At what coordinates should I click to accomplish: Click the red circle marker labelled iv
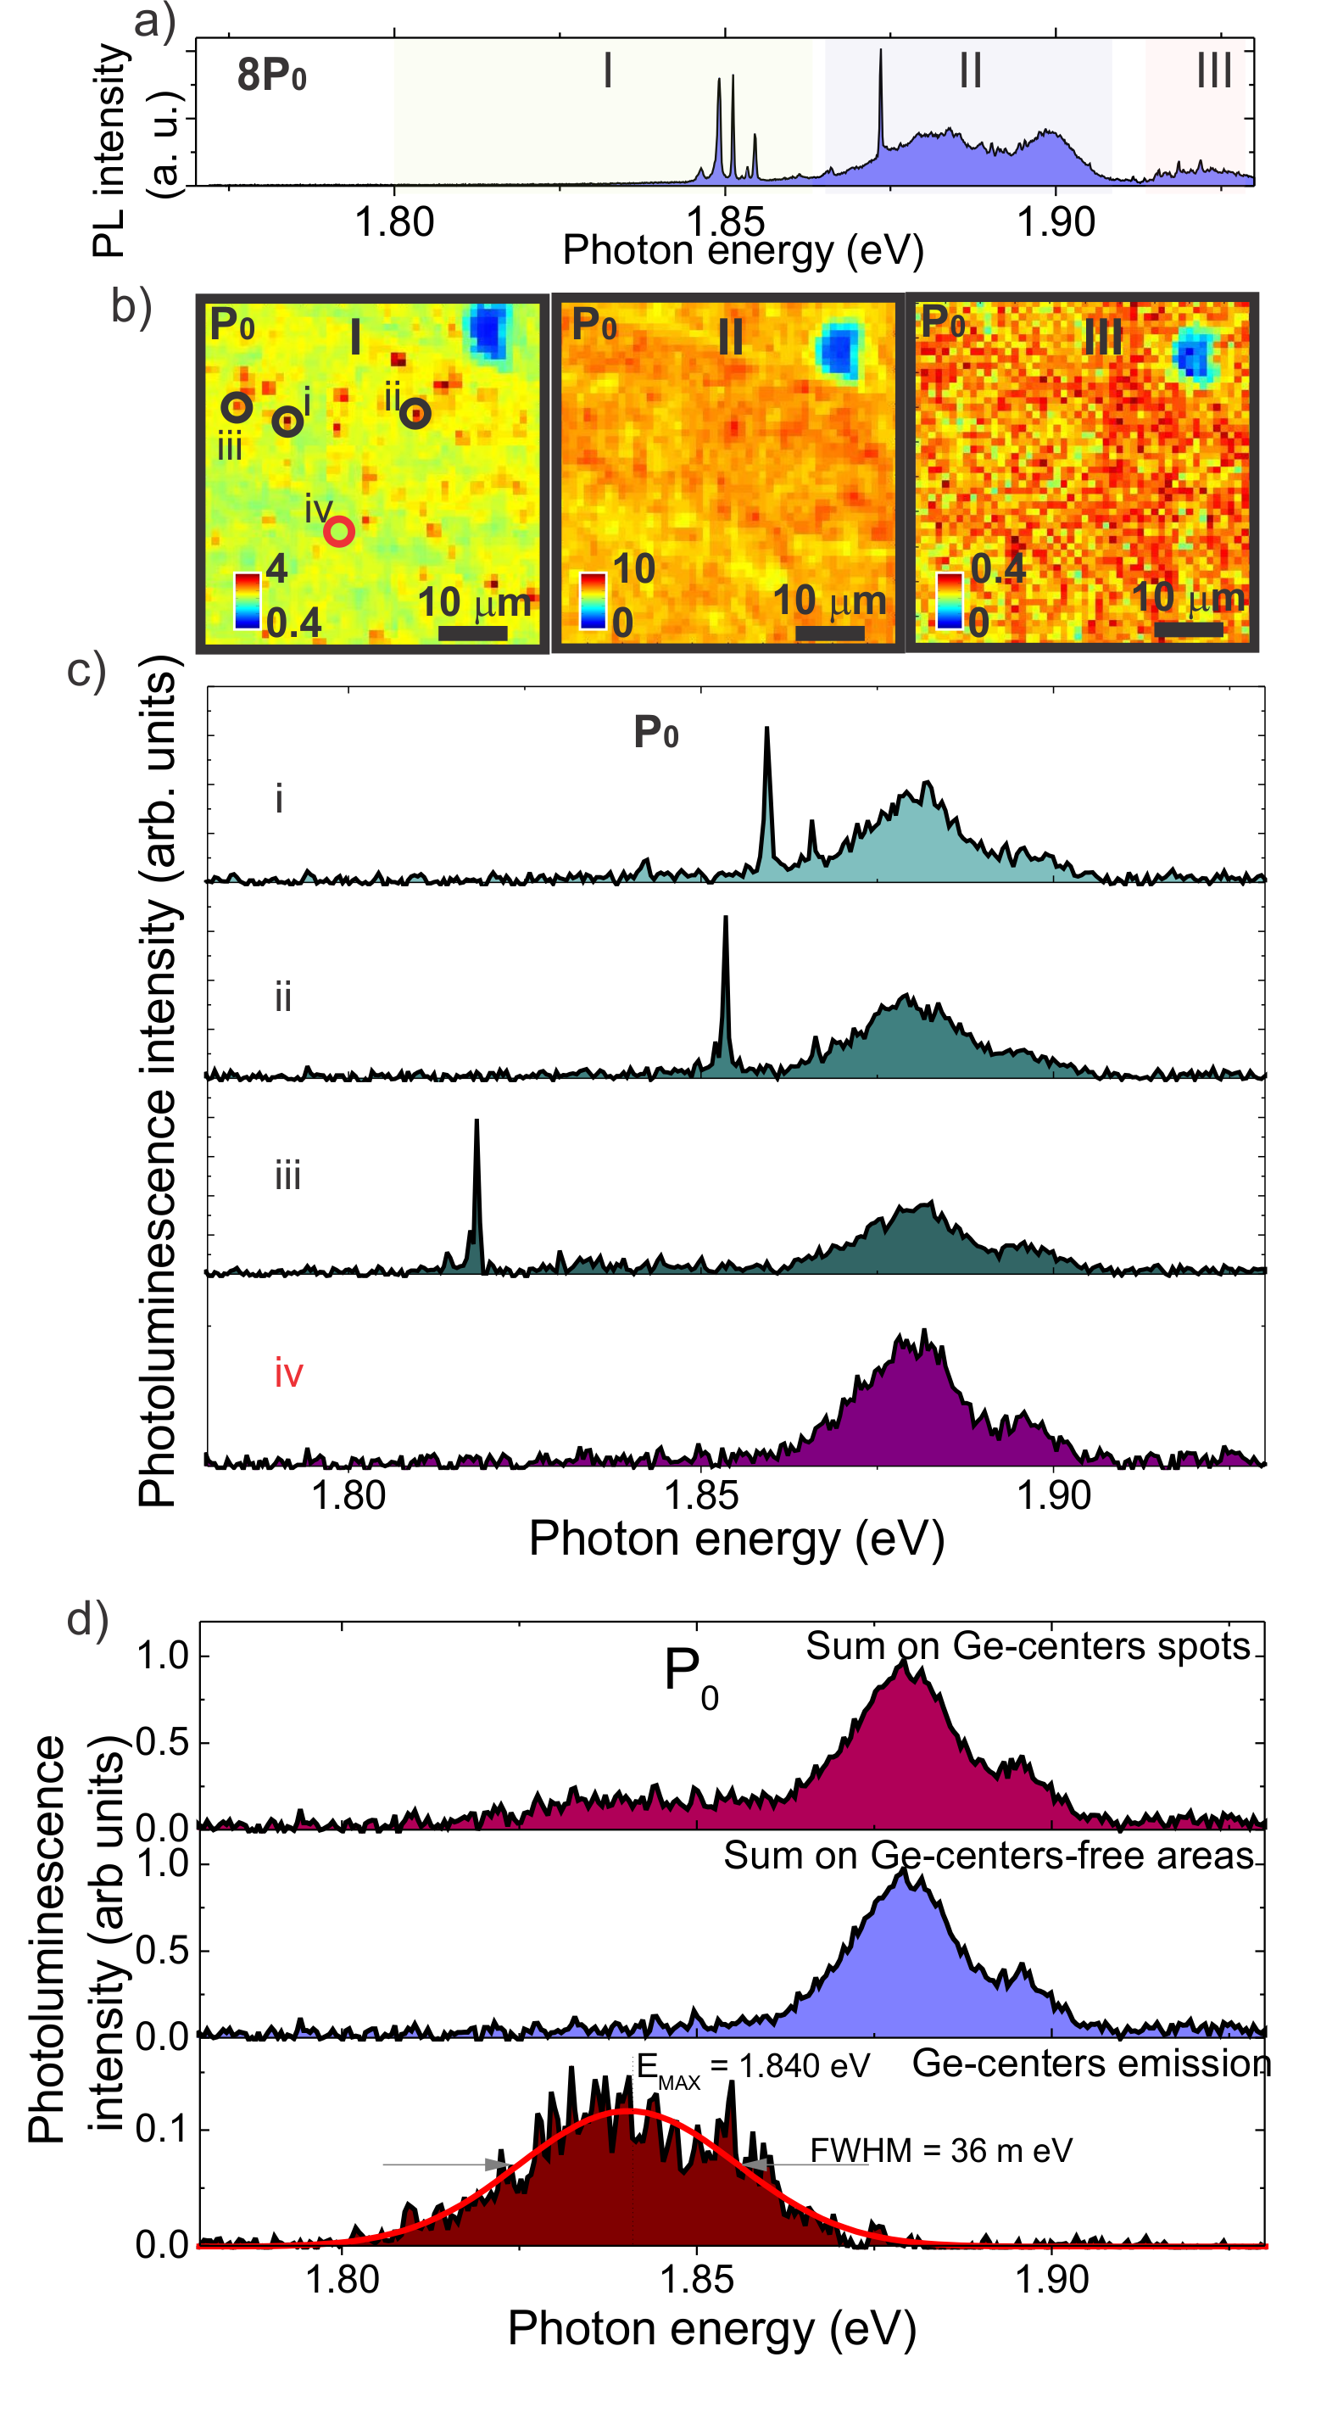click(x=339, y=531)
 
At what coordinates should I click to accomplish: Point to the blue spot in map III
click(x=1192, y=357)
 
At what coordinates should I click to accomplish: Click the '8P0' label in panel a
click(x=271, y=75)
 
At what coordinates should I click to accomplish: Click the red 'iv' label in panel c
click(x=288, y=1374)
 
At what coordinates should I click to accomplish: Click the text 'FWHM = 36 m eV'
click(x=940, y=2151)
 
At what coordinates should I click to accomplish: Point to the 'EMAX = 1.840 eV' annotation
click(x=752, y=2066)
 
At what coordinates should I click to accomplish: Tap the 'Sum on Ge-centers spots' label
click(x=1028, y=1645)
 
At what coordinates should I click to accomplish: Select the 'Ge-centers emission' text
click(x=1091, y=2064)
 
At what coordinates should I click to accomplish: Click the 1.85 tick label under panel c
click(x=701, y=1495)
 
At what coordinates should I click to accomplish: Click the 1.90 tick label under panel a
click(x=1056, y=223)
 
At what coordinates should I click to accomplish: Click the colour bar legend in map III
click(x=950, y=600)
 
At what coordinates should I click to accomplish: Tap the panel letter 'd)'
click(x=88, y=1618)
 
